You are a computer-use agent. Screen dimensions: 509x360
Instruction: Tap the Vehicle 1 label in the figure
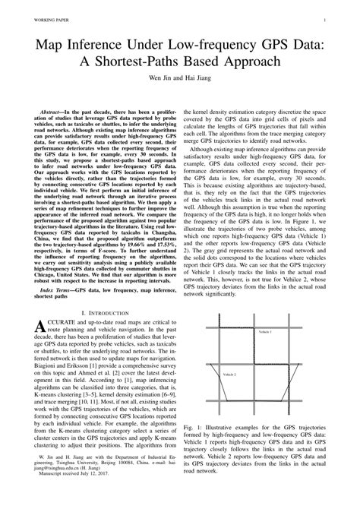pyautogui.click(x=264, y=333)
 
